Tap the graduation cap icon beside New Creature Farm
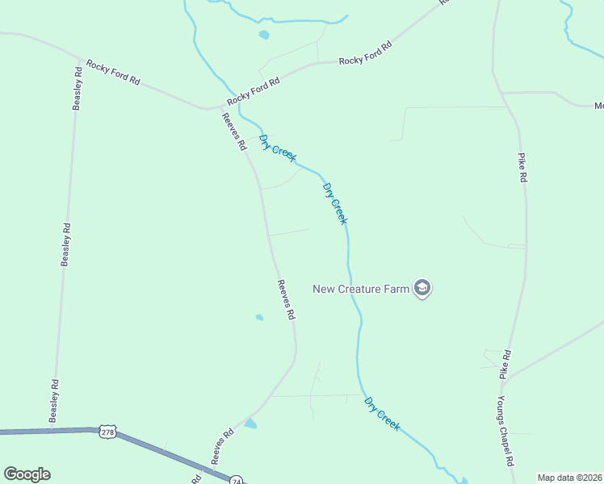click(422, 288)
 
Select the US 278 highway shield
click(108, 433)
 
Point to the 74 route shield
click(236, 479)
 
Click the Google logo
click(27, 474)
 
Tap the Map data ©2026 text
click(568, 478)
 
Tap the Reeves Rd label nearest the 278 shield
click(223, 445)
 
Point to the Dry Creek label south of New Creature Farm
click(382, 413)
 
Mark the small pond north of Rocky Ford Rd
click(263, 35)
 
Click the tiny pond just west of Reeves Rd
click(259, 317)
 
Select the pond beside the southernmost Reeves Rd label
click(250, 423)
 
